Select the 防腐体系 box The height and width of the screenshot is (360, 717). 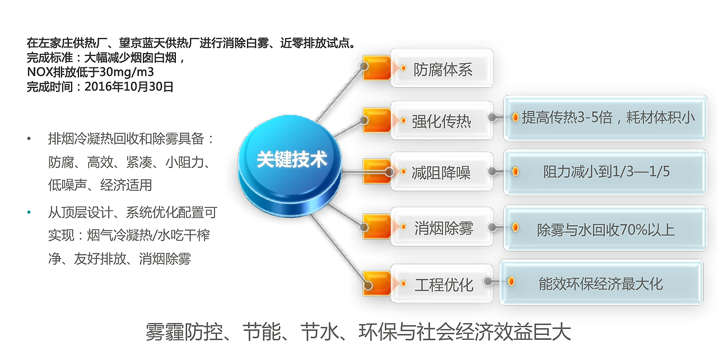pyautogui.click(x=442, y=68)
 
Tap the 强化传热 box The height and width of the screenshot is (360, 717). pyautogui.click(x=442, y=120)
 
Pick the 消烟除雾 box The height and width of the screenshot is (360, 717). pyautogui.click(x=442, y=228)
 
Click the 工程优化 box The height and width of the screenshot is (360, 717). pyautogui.click(x=442, y=284)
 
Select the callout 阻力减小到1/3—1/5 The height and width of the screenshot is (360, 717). pyautogui.click(x=605, y=171)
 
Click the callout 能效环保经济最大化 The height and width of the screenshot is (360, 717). pyautogui.click(x=600, y=283)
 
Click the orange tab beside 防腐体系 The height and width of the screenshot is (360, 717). pyautogui.click(x=376, y=66)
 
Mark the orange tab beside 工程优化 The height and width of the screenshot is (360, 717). pyautogui.click(x=376, y=283)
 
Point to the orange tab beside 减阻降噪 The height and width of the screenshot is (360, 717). pyautogui.click(x=376, y=170)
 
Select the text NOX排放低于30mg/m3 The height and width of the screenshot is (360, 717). pyautogui.click(x=90, y=72)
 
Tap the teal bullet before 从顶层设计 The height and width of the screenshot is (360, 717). pyautogui.click(x=29, y=213)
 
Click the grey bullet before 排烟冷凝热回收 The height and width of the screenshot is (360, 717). pyautogui.click(x=29, y=138)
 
